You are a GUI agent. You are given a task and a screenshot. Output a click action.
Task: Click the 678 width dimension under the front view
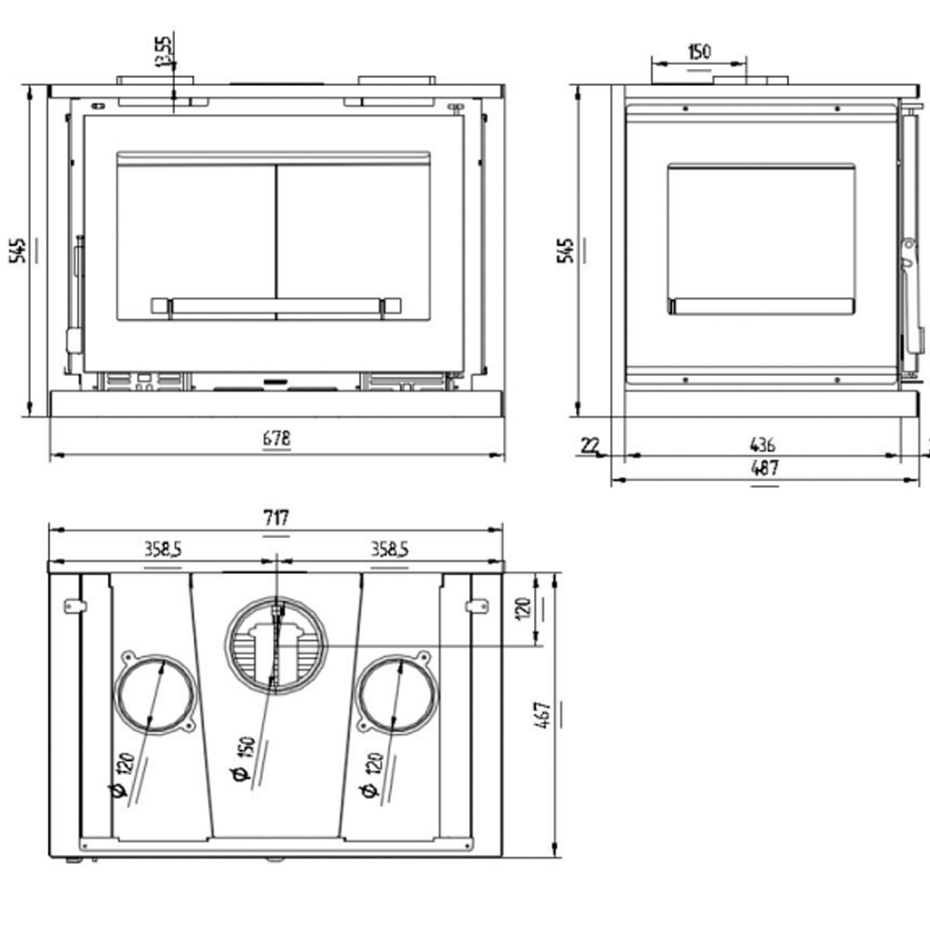coord(277,439)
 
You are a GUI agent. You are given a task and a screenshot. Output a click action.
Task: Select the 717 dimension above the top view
coord(277,517)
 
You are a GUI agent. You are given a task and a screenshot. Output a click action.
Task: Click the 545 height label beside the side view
coord(567,250)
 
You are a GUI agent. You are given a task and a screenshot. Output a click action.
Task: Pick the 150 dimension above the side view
coord(698,52)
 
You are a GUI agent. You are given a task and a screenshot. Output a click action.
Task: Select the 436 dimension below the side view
coord(763,445)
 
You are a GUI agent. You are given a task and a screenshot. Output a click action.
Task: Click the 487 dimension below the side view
coord(764,468)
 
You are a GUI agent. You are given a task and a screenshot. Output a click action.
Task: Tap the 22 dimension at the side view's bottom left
coord(590,445)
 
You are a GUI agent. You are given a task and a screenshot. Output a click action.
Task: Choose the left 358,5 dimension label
coord(163,549)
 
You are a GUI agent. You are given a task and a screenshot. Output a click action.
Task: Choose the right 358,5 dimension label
coord(389,549)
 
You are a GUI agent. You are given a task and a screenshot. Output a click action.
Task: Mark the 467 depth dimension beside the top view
coord(543,714)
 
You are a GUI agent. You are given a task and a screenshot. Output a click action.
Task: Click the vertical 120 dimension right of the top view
coord(524,608)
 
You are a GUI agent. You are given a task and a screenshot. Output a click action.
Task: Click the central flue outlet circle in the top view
coord(277,645)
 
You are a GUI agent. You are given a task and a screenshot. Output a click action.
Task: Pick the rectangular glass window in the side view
coord(761,239)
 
